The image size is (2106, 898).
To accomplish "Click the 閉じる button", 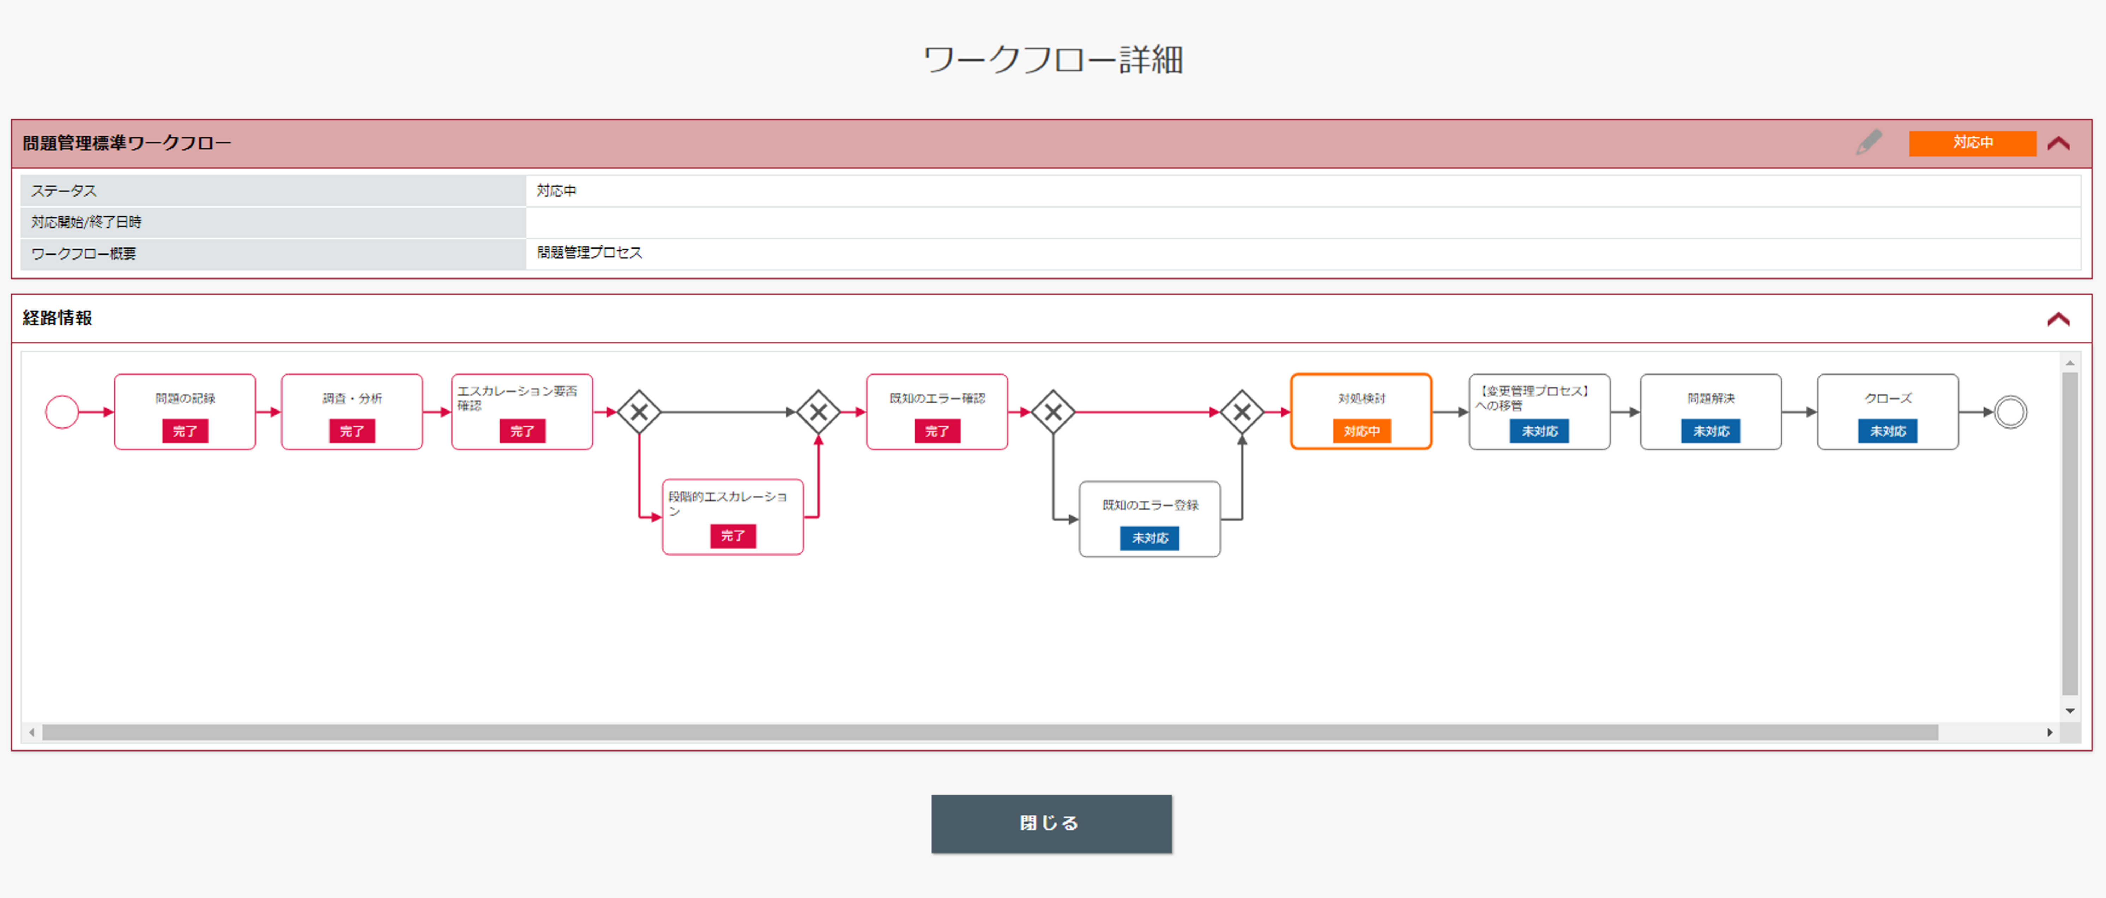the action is [x=1051, y=823].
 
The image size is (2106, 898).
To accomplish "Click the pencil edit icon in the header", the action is [x=1869, y=142].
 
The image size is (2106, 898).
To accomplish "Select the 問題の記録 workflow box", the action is [x=185, y=411].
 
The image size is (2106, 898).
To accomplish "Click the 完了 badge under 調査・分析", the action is [x=351, y=431].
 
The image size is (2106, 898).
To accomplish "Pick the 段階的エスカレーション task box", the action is [x=732, y=517].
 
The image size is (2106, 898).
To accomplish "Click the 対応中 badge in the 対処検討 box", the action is [x=1361, y=431].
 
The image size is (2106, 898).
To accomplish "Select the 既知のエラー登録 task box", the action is [x=1149, y=519].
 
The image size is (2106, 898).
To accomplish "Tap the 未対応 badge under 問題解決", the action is [x=1710, y=431].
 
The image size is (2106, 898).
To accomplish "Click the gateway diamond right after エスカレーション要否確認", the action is [x=639, y=411].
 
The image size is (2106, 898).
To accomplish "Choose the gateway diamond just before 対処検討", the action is [x=1242, y=411].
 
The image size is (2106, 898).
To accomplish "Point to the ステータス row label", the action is [x=64, y=191].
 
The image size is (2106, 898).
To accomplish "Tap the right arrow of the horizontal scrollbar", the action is [x=2050, y=732].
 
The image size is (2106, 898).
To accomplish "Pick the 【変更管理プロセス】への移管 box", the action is [x=1539, y=411].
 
